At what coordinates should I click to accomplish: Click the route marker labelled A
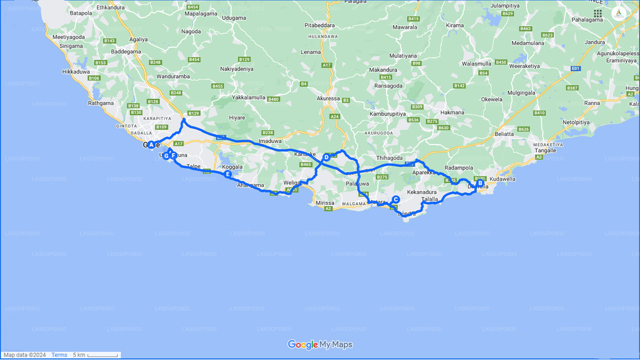coord(151,144)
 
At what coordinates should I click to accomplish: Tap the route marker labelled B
coord(480,183)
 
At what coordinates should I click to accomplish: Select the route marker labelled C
coord(395,199)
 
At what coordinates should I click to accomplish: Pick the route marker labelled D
coord(326,157)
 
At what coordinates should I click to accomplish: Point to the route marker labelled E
coord(227,174)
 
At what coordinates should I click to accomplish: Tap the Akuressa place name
coord(328,98)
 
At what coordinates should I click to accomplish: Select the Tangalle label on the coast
coord(545,150)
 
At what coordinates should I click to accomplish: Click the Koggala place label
coord(232,167)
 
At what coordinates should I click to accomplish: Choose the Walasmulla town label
coord(476,64)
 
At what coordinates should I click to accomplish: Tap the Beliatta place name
coord(504,134)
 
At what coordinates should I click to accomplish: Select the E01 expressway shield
coord(575,68)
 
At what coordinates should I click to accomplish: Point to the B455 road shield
coord(217,86)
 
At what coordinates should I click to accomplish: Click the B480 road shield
coord(273,99)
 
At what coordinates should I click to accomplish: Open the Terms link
coord(59,355)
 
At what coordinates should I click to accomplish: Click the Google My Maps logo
coord(320,345)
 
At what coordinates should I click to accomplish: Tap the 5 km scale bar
coord(102,355)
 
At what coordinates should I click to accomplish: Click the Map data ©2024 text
coord(24,355)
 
